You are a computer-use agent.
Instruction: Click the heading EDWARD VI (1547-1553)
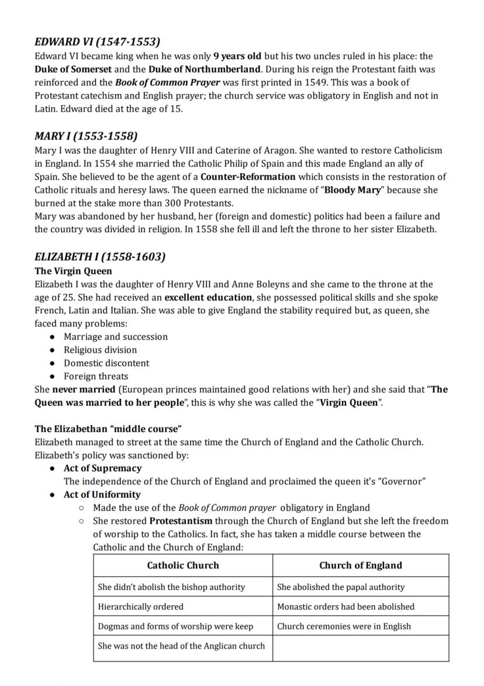pos(97,42)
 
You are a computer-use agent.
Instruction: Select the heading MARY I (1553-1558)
pos(86,136)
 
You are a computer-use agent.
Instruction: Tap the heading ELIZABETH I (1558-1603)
pos(100,257)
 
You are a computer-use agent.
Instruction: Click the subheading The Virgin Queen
pos(73,271)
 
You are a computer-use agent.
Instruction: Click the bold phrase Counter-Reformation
pos(248,177)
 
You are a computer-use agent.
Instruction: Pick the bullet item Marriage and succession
pos(115,337)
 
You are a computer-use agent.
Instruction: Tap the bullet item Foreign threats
pos(96,376)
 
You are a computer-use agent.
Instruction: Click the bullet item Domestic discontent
pos(106,363)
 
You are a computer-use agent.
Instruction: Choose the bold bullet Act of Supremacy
pos(102,468)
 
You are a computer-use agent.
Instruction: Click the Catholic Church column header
pos(183,566)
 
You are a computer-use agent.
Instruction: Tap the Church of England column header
pos(360,566)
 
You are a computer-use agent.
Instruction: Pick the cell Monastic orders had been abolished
pos(345,606)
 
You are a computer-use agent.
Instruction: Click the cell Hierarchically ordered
pos(141,606)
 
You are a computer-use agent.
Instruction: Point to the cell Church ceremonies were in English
pos(344,626)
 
